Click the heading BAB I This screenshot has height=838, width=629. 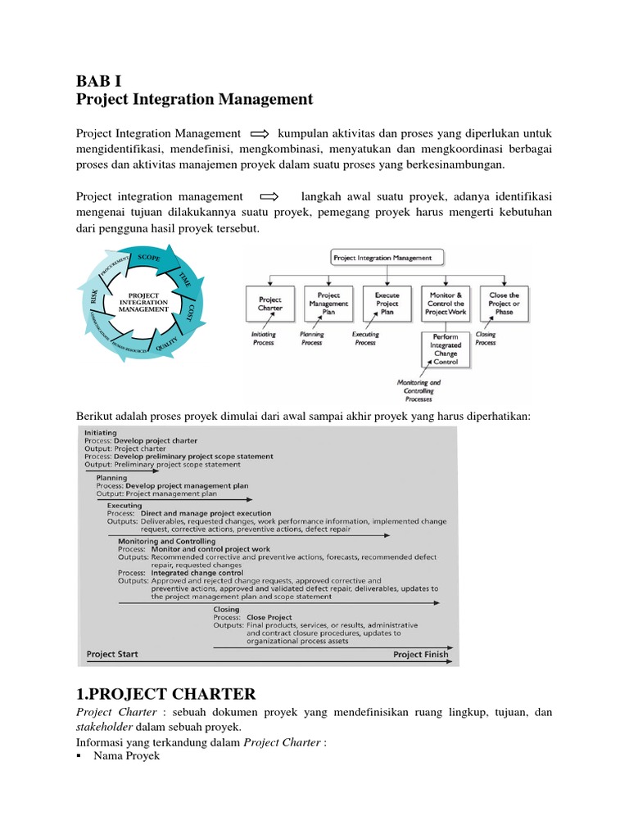(x=99, y=80)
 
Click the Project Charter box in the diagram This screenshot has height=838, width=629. (x=269, y=304)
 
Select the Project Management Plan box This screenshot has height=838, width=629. (x=328, y=304)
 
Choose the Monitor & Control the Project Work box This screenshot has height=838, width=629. (x=446, y=304)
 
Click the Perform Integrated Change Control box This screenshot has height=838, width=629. (x=446, y=349)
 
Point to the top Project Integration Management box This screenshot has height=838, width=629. (x=386, y=257)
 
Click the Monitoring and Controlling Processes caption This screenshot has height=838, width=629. (x=419, y=387)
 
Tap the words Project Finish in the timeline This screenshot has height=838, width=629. (x=419, y=654)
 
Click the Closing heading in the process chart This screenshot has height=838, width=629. (x=226, y=609)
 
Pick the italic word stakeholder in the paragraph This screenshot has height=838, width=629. (x=104, y=727)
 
